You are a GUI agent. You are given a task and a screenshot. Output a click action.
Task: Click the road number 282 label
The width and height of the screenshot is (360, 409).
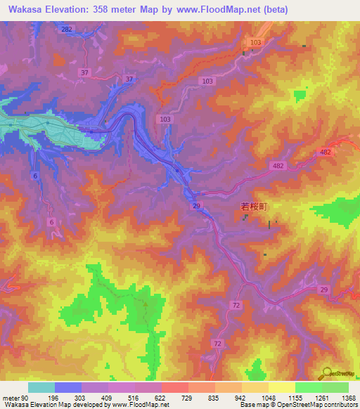click(x=67, y=29)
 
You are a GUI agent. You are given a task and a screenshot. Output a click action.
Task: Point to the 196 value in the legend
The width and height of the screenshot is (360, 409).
click(x=54, y=398)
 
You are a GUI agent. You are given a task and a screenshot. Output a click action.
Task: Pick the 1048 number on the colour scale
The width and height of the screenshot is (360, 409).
click(x=267, y=398)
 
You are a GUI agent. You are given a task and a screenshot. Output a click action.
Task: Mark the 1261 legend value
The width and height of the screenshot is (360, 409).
click(x=321, y=398)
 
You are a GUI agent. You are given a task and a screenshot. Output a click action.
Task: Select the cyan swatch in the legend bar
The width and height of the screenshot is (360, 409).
click(x=41, y=387)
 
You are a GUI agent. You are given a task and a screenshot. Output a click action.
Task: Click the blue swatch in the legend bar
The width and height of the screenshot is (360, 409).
click(x=67, y=387)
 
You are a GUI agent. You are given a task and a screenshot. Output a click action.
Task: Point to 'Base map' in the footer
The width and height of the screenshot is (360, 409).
click(x=253, y=405)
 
